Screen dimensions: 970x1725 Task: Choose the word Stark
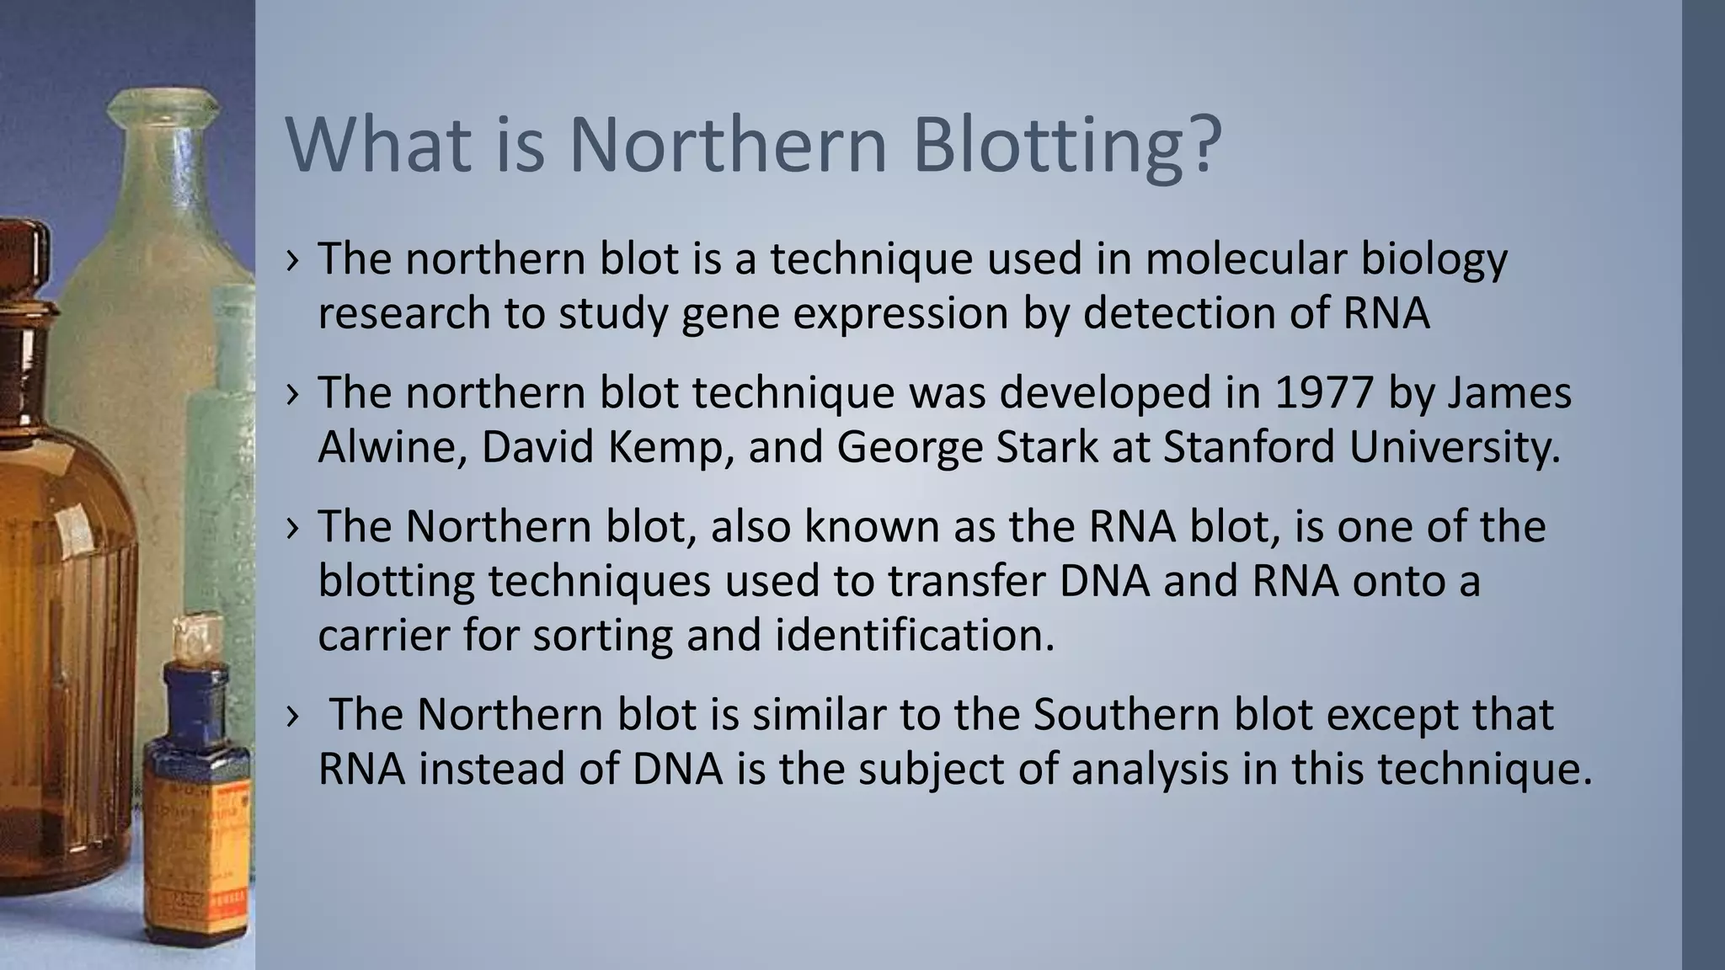[1047, 447]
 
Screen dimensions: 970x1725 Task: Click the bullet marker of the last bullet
[292, 717]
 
